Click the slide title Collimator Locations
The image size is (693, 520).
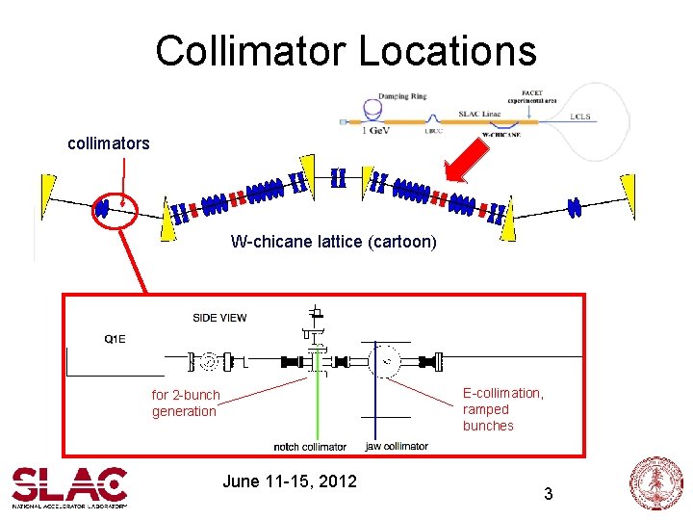click(x=346, y=50)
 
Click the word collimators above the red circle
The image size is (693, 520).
click(x=109, y=143)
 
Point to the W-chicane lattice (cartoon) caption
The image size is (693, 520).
click(x=333, y=242)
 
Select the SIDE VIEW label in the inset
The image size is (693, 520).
click(x=219, y=318)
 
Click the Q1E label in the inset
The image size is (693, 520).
click(x=115, y=338)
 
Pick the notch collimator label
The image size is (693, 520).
click(x=310, y=447)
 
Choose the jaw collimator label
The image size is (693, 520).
click(x=397, y=447)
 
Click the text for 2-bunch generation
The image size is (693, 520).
click(x=186, y=403)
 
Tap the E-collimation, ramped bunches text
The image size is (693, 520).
click(x=502, y=409)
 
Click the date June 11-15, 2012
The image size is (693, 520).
click(x=290, y=481)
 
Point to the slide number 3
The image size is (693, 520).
click(x=548, y=494)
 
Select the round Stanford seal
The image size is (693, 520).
click(x=654, y=484)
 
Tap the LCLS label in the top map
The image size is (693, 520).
click(x=579, y=117)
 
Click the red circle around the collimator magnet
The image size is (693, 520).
click(x=114, y=206)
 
